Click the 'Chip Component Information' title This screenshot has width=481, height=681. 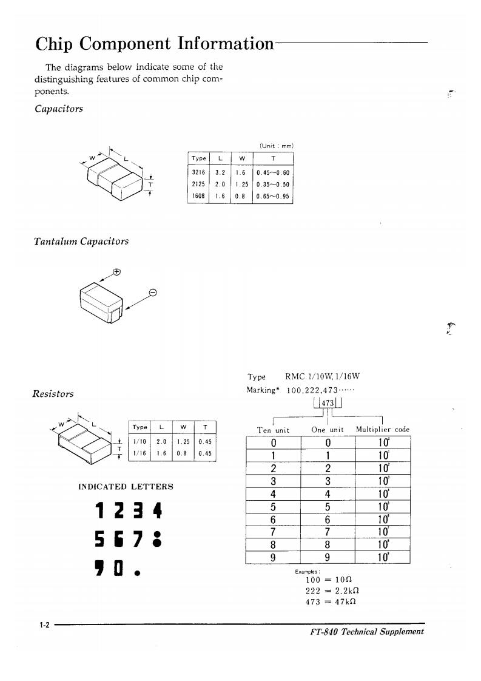pyautogui.click(x=154, y=44)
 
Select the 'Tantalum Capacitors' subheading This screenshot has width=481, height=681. pyautogui.click(x=81, y=242)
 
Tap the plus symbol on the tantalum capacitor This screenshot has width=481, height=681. pyautogui.click(x=116, y=272)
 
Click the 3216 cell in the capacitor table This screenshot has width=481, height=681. pyautogui.click(x=198, y=172)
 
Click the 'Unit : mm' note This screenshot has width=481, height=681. pyautogui.click(x=276, y=146)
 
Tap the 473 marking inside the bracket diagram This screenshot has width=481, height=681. pyautogui.click(x=328, y=404)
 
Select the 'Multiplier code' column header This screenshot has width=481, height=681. pyautogui.click(x=383, y=430)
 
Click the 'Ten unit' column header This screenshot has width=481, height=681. pyautogui.click(x=274, y=430)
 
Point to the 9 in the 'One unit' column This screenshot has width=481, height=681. pyautogui.click(x=328, y=557)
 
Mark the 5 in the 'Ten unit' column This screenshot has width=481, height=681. pyautogui.click(x=274, y=506)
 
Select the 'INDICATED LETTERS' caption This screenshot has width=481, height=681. pyautogui.click(x=126, y=487)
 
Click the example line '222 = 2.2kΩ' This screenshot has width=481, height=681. pyautogui.click(x=328, y=590)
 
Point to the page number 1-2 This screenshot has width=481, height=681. pyautogui.click(x=43, y=625)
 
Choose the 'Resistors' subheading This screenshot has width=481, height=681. pyautogui.click(x=53, y=393)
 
